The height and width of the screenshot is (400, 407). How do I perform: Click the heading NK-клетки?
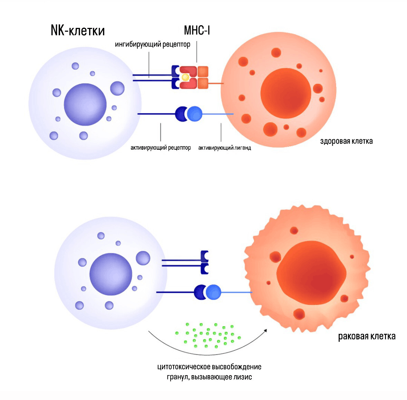coord(77,31)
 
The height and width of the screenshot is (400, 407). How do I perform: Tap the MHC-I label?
coord(197,31)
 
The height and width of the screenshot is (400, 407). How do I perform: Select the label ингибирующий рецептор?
coord(153,44)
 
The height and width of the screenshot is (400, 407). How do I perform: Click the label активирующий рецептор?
coord(161,148)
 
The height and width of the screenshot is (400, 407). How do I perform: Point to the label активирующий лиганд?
coord(224,148)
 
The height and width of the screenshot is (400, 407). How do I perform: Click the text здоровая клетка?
coord(346,141)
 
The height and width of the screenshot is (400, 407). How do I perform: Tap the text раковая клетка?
coord(367,336)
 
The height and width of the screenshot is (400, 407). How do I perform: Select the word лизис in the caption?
coord(242,377)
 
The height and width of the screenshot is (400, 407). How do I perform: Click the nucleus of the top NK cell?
coord(85,104)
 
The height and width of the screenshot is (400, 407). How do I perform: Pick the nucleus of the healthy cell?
coord(285,93)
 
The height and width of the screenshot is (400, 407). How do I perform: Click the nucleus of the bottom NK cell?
coord(111,274)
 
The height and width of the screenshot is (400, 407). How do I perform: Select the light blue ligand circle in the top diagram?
coord(195,114)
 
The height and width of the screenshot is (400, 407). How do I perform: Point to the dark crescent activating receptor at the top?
coord(181,114)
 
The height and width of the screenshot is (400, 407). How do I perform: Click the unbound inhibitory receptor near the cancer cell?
coord(205,262)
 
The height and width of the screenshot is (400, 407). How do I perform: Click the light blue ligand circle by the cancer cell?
coord(213,292)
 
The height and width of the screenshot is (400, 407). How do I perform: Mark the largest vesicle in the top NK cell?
coord(117,88)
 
